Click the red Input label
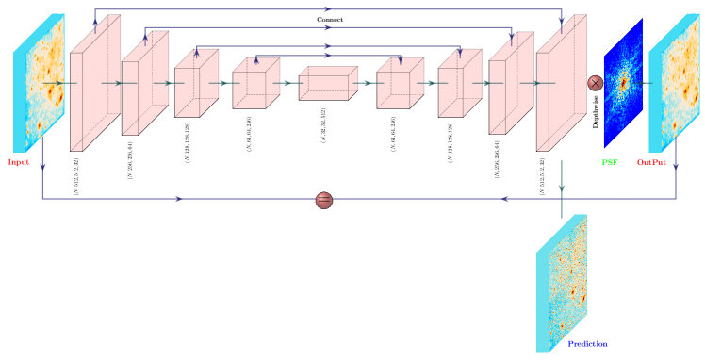(x=18, y=162)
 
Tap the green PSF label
(x=610, y=162)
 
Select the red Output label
(x=651, y=162)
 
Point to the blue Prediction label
(x=586, y=344)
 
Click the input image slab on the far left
(x=39, y=83)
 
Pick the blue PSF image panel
(x=622, y=83)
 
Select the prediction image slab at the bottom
(x=561, y=283)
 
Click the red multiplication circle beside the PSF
(x=595, y=83)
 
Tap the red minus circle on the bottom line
(x=323, y=200)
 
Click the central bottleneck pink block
(x=328, y=83)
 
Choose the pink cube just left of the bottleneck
(x=255, y=83)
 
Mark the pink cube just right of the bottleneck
(x=400, y=83)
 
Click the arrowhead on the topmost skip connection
(x=327, y=8)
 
